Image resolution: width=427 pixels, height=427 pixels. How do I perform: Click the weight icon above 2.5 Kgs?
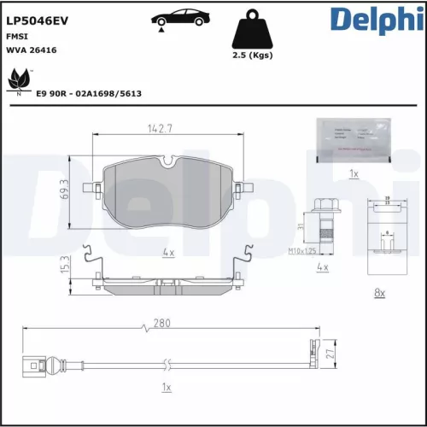[253, 31]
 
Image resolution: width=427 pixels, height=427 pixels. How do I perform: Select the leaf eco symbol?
[18, 81]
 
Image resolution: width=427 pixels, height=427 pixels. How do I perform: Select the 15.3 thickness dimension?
[66, 266]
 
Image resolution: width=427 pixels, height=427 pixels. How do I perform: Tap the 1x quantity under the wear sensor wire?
[167, 389]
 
